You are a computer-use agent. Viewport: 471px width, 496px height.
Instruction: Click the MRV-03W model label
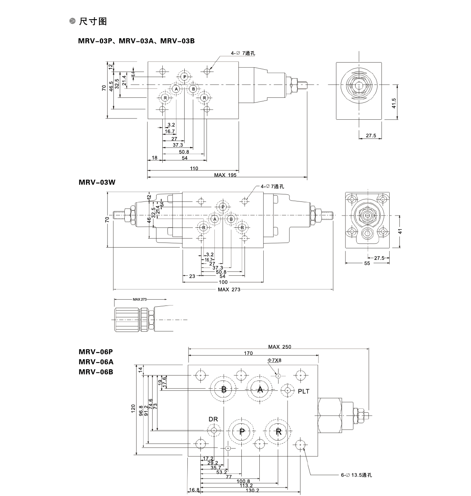(x=97, y=182)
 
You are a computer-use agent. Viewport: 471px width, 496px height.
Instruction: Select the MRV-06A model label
(x=96, y=361)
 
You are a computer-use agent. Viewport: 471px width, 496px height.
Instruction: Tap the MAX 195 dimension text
(x=225, y=174)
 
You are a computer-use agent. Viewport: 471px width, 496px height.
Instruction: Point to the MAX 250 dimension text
(x=279, y=347)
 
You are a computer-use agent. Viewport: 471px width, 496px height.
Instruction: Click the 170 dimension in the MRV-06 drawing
(x=248, y=354)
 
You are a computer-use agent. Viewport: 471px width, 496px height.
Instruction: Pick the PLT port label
(x=304, y=391)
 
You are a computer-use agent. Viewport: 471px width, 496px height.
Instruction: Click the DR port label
(x=213, y=419)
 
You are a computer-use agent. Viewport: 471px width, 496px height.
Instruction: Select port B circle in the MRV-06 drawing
(x=224, y=390)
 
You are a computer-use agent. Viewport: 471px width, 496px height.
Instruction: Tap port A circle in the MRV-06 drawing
(x=259, y=390)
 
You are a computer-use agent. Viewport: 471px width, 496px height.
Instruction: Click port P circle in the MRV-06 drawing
(x=242, y=431)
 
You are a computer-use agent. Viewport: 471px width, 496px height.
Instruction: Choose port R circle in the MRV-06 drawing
(x=278, y=431)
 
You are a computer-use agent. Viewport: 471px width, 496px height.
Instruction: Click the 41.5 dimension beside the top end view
(x=394, y=103)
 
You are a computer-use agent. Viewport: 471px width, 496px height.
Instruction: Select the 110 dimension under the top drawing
(x=194, y=169)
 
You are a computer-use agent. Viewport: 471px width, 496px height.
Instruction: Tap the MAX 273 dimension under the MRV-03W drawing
(x=229, y=289)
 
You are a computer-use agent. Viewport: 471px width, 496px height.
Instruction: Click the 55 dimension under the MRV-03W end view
(x=367, y=264)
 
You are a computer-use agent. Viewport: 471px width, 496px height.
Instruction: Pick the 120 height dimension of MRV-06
(x=133, y=410)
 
